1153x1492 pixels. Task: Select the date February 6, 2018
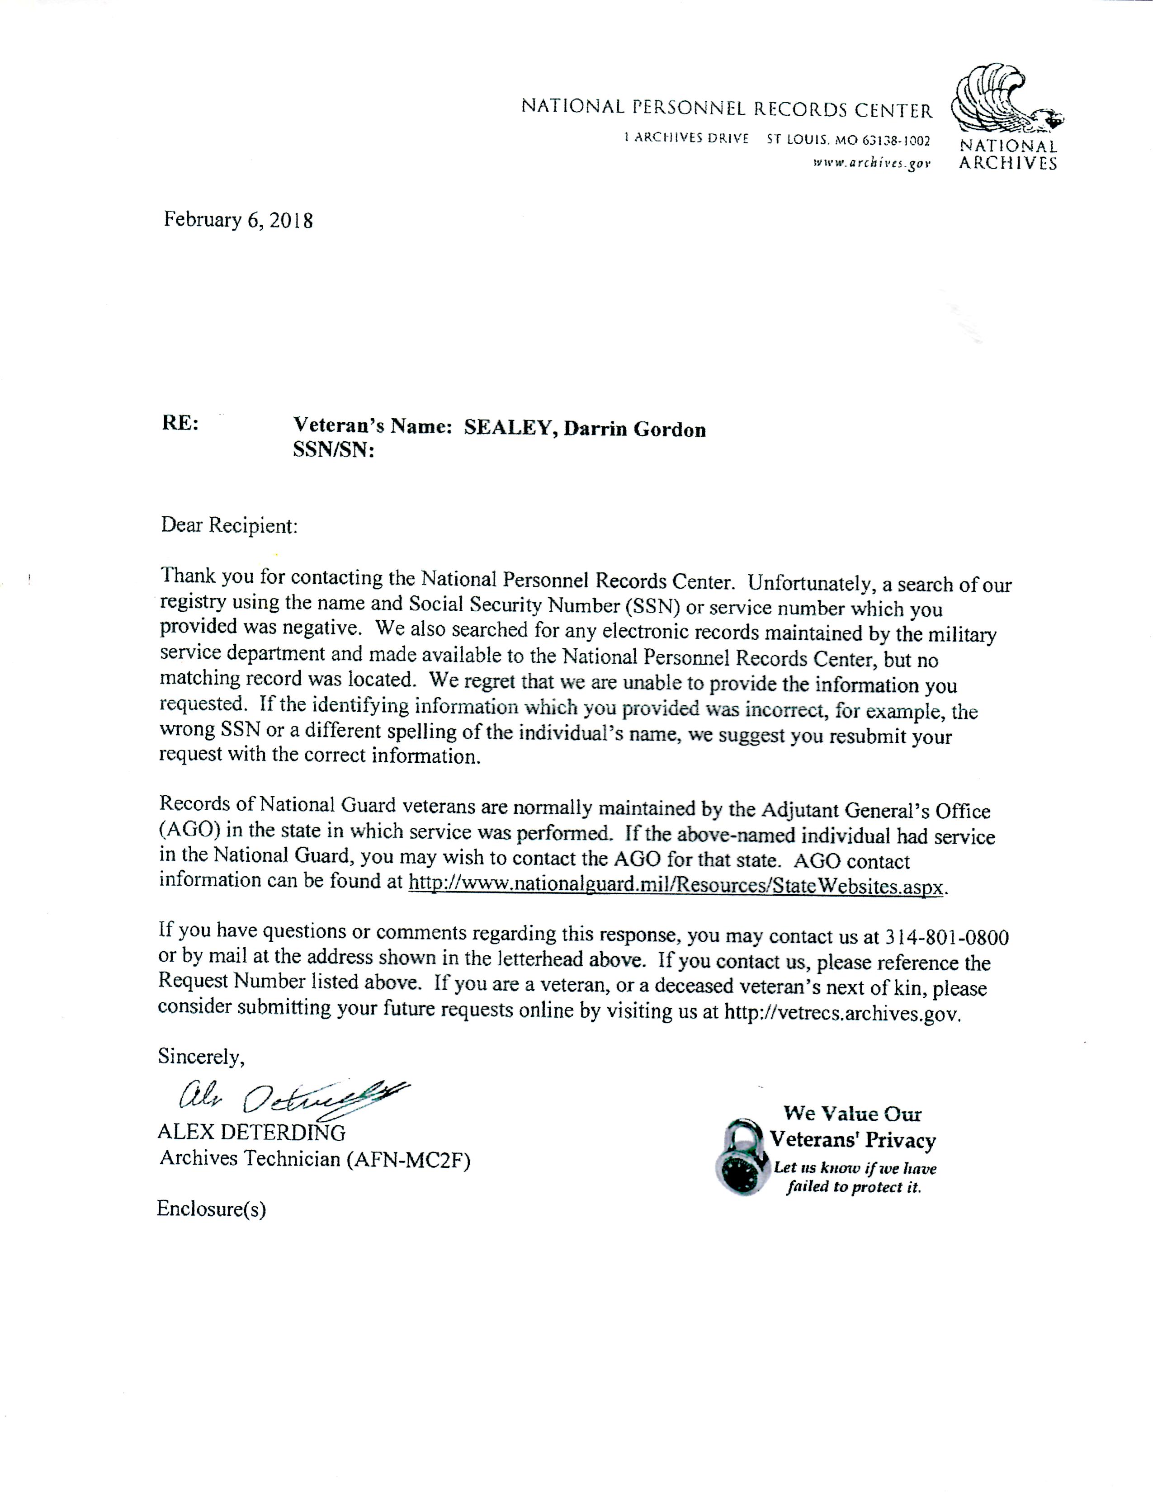coord(238,220)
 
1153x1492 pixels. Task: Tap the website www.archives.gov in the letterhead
coord(872,163)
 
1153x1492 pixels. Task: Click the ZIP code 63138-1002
coord(896,141)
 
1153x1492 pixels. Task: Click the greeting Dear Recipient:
coord(230,525)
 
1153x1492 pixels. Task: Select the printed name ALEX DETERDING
coord(251,1133)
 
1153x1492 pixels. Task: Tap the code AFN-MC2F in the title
coord(408,1159)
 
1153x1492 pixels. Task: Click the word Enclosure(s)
coord(211,1209)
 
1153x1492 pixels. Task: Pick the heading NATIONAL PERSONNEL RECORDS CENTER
coord(726,108)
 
